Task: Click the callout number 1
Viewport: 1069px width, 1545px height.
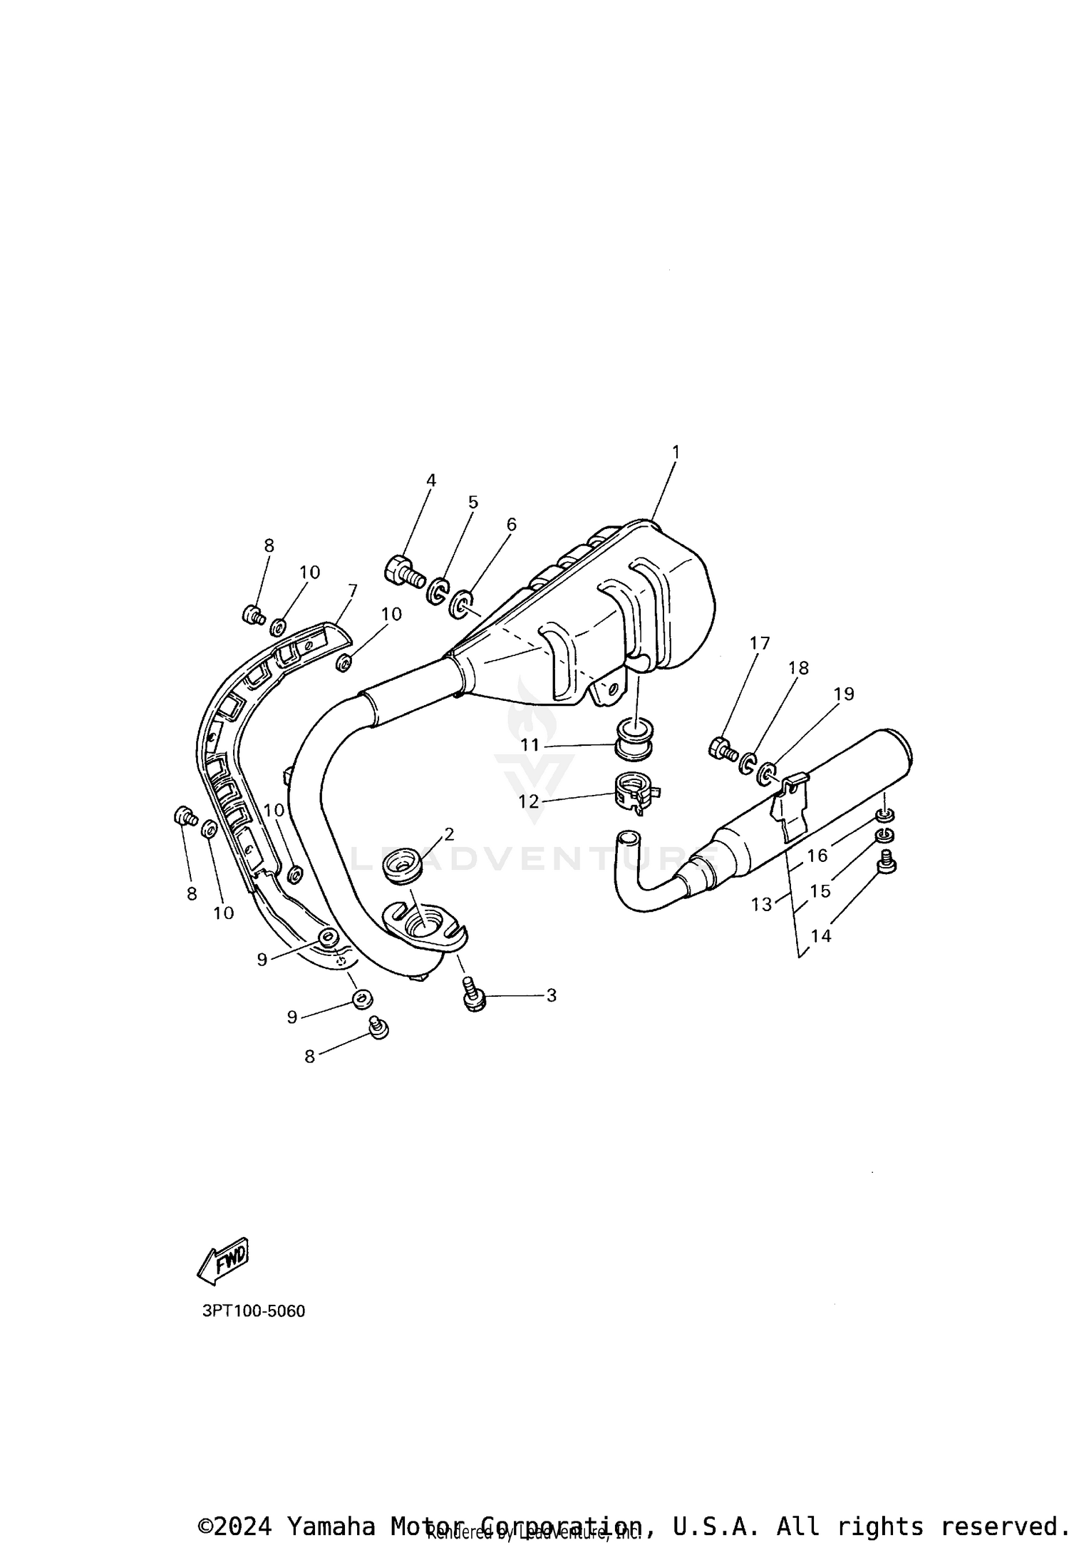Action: (x=675, y=452)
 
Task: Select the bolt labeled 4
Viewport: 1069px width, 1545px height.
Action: (x=403, y=571)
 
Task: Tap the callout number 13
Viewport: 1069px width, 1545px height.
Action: (x=761, y=904)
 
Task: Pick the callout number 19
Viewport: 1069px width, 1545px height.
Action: (x=843, y=693)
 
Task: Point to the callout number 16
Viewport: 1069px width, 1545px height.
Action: (x=817, y=855)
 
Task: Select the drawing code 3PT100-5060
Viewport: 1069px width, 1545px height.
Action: (x=254, y=1310)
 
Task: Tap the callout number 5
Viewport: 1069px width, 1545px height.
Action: (x=472, y=502)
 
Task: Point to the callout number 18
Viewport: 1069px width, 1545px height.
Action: (x=798, y=667)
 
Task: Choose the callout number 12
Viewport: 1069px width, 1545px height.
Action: (x=528, y=801)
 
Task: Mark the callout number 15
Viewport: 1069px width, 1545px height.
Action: (x=820, y=890)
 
